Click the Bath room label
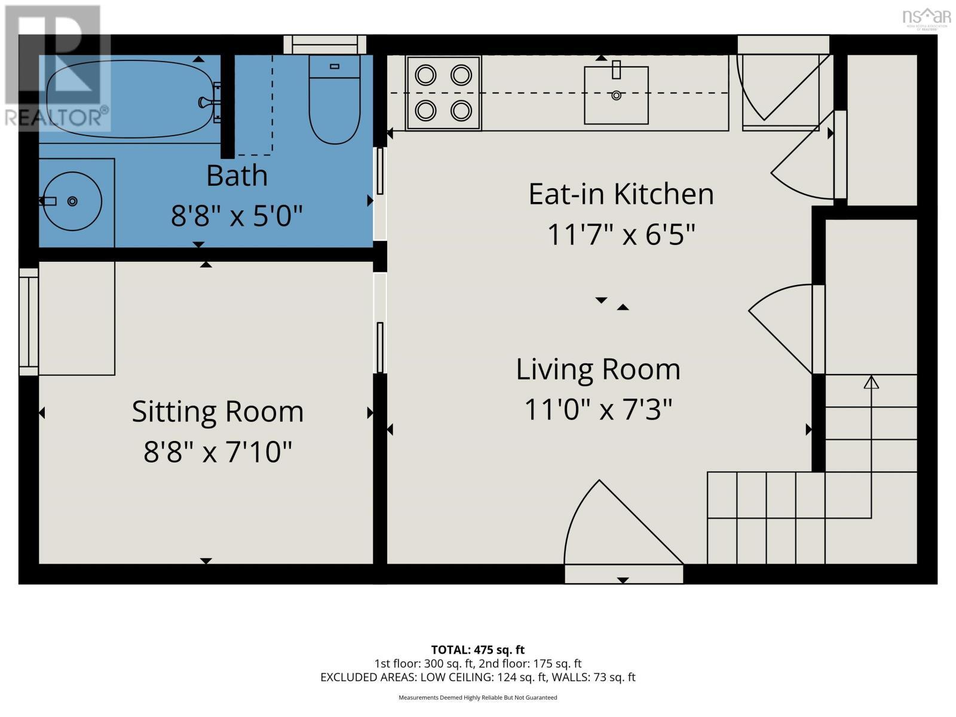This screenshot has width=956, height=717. click(x=237, y=176)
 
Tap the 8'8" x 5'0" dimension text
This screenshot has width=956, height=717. click(x=237, y=216)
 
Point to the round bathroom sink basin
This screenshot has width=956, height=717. click(x=72, y=201)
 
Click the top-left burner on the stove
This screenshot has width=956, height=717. click(x=425, y=75)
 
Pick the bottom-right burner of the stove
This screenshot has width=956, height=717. click(x=461, y=111)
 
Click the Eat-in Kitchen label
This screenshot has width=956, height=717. click(x=621, y=194)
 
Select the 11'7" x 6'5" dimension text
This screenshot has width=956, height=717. click(x=621, y=235)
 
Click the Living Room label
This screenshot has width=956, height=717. click(x=598, y=369)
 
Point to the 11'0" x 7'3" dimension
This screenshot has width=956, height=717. click(x=598, y=410)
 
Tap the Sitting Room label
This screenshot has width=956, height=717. click(x=217, y=412)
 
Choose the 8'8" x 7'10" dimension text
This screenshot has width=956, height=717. click(x=217, y=452)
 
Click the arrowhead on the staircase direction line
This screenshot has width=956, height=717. click(x=871, y=381)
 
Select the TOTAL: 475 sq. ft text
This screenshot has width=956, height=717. click(x=477, y=649)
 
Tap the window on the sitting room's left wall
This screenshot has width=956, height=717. click(x=28, y=321)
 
